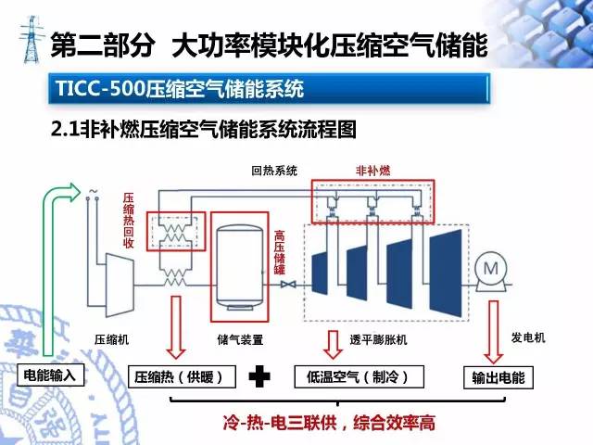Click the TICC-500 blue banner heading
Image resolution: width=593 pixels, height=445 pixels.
(x=269, y=91)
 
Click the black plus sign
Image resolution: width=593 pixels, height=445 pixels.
(x=263, y=376)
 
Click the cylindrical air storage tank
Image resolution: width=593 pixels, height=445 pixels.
(x=241, y=264)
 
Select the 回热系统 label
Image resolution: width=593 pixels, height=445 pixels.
(x=274, y=171)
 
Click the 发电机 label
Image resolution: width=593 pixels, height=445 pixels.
(x=528, y=337)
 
